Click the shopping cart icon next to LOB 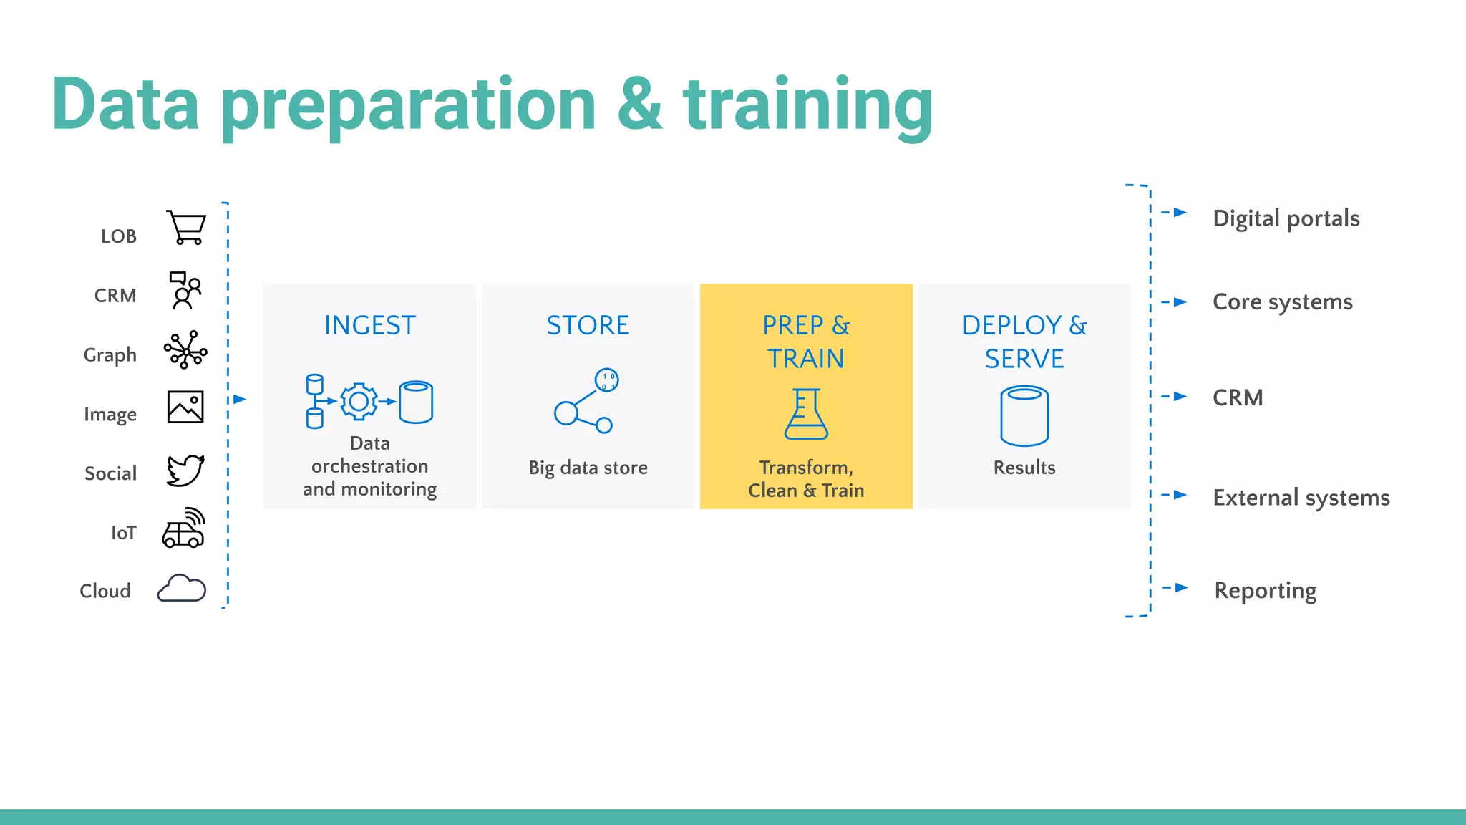(x=186, y=228)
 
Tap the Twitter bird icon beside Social (x=185, y=471)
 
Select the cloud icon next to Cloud (x=182, y=589)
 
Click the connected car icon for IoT (x=184, y=529)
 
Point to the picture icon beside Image (x=185, y=407)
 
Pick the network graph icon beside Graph (x=185, y=349)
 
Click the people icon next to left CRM (x=185, y=290)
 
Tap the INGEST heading (x=370, y=326)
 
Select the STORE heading (x=588, y=326)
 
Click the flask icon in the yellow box (x=806, y=415)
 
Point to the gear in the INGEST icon (x=359, y=402)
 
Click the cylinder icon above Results (x=1024, y=416)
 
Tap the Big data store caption (x=588, y=468)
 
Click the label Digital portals (x=1286, y=218)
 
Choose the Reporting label (x=1265, y=591)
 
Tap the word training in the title (x=807, y=106)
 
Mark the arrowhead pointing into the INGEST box (x=240, y=400)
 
